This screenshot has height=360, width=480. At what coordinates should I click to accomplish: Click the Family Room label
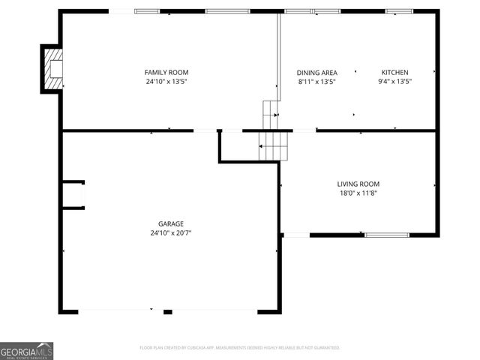166,72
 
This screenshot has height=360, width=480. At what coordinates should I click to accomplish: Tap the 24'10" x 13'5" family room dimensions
166,81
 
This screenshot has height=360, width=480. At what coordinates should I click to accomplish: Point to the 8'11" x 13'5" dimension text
316,81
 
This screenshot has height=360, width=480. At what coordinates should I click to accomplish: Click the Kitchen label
394,72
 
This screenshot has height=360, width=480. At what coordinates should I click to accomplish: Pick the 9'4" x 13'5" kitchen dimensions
394,81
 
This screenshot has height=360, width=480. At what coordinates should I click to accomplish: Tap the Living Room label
358,184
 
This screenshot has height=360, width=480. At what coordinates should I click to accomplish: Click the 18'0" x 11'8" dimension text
358,193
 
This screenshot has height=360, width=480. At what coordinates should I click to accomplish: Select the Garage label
170,223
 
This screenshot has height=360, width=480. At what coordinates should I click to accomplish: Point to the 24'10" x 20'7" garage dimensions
170,232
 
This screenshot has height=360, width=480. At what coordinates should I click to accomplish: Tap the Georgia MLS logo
27,351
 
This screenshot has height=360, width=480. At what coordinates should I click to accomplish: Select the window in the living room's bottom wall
387,235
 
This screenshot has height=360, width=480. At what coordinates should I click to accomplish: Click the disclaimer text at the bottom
240,348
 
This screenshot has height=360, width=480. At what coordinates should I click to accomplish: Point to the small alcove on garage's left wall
73,194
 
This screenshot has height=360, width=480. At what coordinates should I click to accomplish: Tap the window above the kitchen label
398,11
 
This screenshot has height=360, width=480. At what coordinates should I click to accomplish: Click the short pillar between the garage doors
168,311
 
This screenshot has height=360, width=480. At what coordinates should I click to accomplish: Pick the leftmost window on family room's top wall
147,11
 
